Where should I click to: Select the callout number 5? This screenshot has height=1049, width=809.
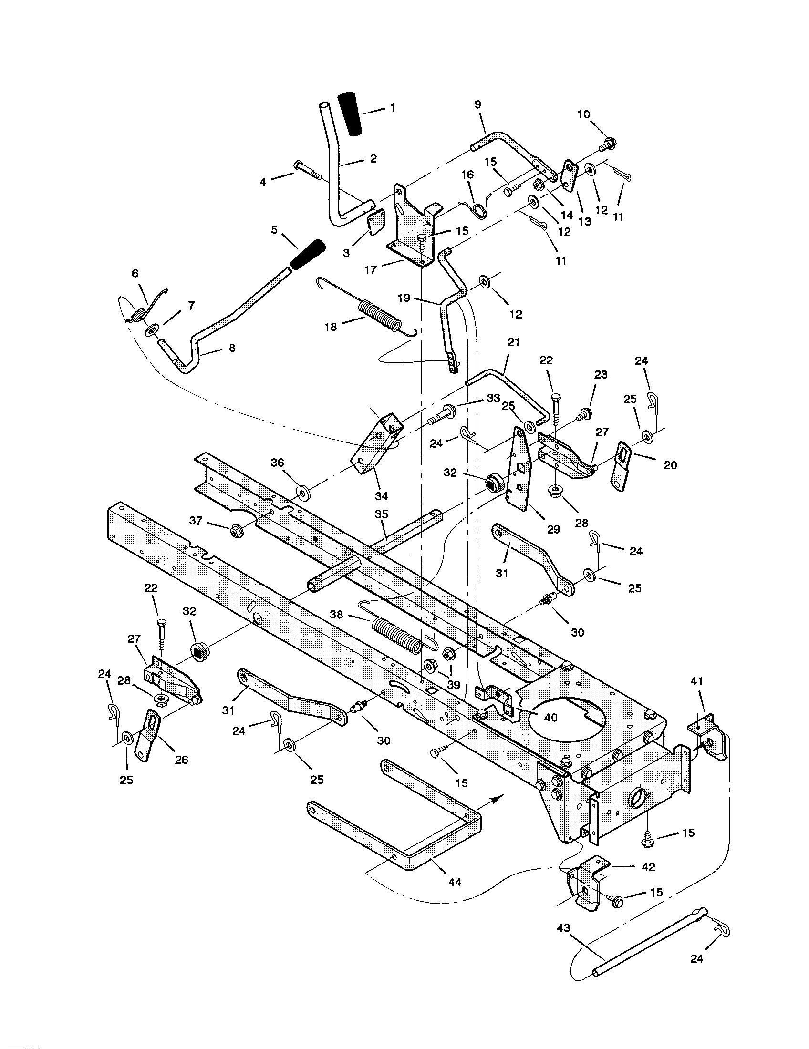click(274, 230)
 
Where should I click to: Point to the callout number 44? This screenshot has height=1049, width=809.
click(454, 882)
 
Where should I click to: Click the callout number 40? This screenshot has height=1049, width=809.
click(550, 717)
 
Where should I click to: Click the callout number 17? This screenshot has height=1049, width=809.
click(370, 269)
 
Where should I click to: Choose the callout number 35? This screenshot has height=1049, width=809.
click(381, 514)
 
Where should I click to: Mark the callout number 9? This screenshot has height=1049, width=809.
click(477, 104)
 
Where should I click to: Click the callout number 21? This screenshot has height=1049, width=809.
click(514, 342)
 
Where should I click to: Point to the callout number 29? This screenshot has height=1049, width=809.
click(553, 529)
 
